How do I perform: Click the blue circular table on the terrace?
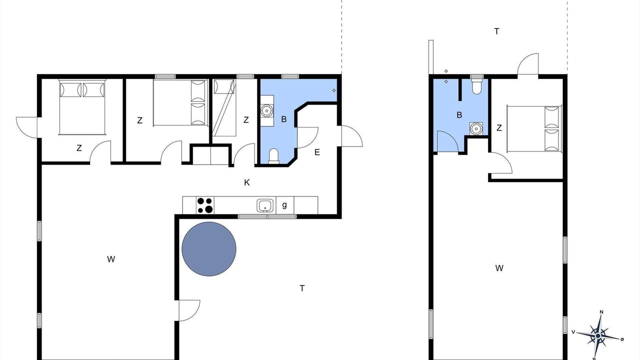[209, 249]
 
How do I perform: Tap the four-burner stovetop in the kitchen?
[205, 205]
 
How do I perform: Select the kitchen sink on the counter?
[265, 205]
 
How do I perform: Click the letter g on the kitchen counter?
[284, 205]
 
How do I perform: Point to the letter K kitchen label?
[247, 182]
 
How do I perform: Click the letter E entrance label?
[317, 152]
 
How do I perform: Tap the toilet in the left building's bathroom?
[273, 156]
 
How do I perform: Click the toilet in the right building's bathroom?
[476, 84]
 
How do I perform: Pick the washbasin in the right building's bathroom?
[476, 128]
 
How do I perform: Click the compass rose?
[598, 336]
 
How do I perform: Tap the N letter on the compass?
[601, 312]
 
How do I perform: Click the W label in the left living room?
[111, 259]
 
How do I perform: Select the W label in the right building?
[499, 268]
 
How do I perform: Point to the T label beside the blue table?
[302, 288]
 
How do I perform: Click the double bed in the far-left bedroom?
[82, 107]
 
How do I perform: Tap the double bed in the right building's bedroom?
[534, 128]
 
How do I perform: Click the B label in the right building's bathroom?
[459, 115]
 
